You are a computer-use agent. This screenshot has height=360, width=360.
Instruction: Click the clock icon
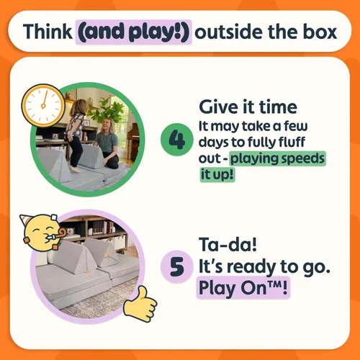click(43, 105)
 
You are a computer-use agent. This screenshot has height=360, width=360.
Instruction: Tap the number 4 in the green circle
click(177, 140)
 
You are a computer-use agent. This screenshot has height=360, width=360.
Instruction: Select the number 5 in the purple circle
click(177, 266)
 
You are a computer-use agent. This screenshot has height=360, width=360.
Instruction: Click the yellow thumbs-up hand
click(140, 304)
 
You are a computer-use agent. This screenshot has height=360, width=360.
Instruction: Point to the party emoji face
click(42, 233)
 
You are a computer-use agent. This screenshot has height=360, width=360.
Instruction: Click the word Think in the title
click(48, 32)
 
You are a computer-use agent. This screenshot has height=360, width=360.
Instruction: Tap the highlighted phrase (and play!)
click(134, 32)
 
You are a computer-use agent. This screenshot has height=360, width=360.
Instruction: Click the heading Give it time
click(248, 107)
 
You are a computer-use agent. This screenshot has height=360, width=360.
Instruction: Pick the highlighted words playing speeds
click(278, 158)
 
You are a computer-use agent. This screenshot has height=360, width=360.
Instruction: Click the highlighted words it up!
click(217, 174)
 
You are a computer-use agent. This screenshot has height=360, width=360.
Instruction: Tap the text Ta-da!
click(228, 244)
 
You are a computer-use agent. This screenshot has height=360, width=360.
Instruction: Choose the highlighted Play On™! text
click(243, 288)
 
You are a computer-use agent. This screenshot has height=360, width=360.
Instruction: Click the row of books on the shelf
click(102, 228)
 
